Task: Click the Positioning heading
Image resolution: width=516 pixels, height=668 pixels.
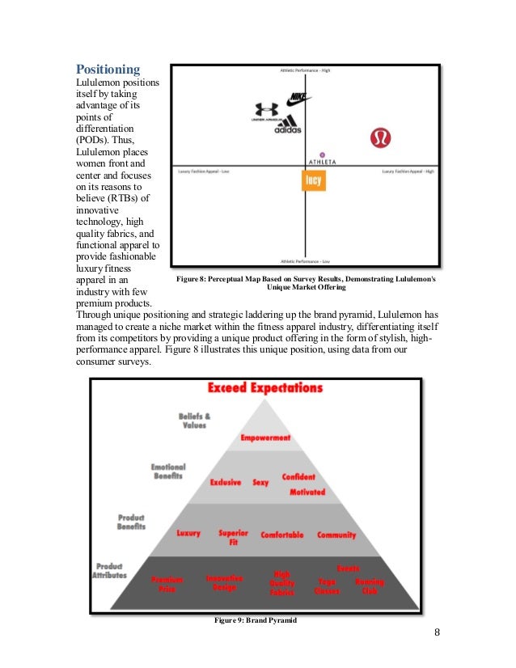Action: tap(108, 70)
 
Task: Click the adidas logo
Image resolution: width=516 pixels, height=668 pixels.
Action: tap(288, 125)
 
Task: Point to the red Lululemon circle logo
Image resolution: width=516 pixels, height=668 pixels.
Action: tap(380, 138)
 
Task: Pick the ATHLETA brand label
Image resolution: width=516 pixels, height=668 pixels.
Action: tap(322, 162)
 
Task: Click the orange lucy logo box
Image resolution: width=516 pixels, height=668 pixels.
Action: tap(313, 180)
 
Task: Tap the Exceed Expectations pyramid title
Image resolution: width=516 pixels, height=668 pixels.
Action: tap(264, 388)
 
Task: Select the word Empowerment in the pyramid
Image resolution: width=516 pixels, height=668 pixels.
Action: tap(265, 438)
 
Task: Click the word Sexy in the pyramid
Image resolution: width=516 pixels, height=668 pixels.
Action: tap(260, 482)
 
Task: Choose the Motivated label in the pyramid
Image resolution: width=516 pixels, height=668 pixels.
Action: tap(307, 492)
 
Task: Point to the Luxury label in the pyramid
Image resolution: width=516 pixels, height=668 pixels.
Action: tap(188, 534)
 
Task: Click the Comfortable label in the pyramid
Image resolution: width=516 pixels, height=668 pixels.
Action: tap(282, 535)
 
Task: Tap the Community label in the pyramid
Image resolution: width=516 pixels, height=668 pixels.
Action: tap(336, 535)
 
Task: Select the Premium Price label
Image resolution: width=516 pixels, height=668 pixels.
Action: tap(167, 584)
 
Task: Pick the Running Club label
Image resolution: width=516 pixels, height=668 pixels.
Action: tap(370, 586)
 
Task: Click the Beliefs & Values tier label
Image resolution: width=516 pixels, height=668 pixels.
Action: tap(194, 421)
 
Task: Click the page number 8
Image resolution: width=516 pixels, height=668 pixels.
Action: tap(437, 632)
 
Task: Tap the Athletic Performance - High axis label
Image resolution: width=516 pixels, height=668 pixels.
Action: tap(306, 70)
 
